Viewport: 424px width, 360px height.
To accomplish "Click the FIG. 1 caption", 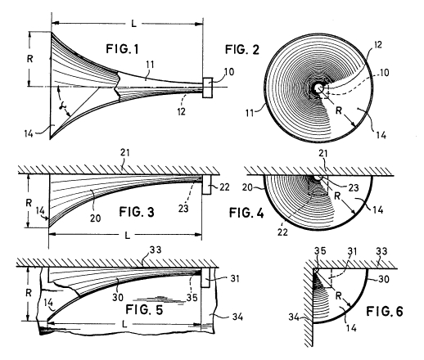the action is (122, 49).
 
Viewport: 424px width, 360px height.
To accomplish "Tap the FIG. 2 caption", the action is (242, 50).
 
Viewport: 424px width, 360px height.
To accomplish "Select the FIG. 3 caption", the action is (137, 212).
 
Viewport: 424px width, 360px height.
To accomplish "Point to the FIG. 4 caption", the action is (246, 213).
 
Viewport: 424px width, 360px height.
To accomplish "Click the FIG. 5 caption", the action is (144, 309).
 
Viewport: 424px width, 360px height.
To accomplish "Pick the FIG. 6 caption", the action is (385, 311).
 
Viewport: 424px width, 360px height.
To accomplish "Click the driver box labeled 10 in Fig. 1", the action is (207, 88).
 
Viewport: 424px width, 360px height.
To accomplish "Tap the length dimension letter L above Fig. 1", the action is (133, 24).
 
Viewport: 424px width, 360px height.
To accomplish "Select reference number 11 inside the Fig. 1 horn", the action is (150, 65).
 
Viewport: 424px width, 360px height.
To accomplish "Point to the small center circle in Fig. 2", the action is (318, 88).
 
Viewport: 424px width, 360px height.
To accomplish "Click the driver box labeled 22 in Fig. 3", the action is (206, 185).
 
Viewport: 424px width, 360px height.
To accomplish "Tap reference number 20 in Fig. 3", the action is (96, 218).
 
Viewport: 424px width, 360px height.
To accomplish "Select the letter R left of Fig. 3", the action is (29, 203).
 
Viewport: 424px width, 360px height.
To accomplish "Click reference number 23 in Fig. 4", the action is (354, 188).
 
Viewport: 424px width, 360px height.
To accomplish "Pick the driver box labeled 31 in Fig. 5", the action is (205, 277).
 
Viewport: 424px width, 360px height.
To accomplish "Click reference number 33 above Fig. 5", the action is (156, 250).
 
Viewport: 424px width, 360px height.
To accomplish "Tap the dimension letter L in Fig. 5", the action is (124, 324).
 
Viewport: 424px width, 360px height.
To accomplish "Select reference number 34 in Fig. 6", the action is (294, 317).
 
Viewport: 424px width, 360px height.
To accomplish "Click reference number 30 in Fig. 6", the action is (383, 279).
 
